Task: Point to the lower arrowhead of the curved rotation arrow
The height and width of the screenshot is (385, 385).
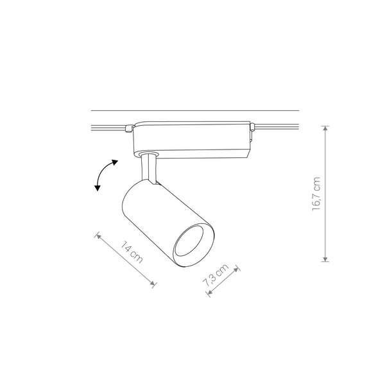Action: pos(98,188)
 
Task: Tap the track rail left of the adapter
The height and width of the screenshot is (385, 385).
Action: pos(109,126)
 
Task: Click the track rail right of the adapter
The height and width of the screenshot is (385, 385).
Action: pos(279,126)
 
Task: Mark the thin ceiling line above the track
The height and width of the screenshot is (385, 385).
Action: pos(193,110)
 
